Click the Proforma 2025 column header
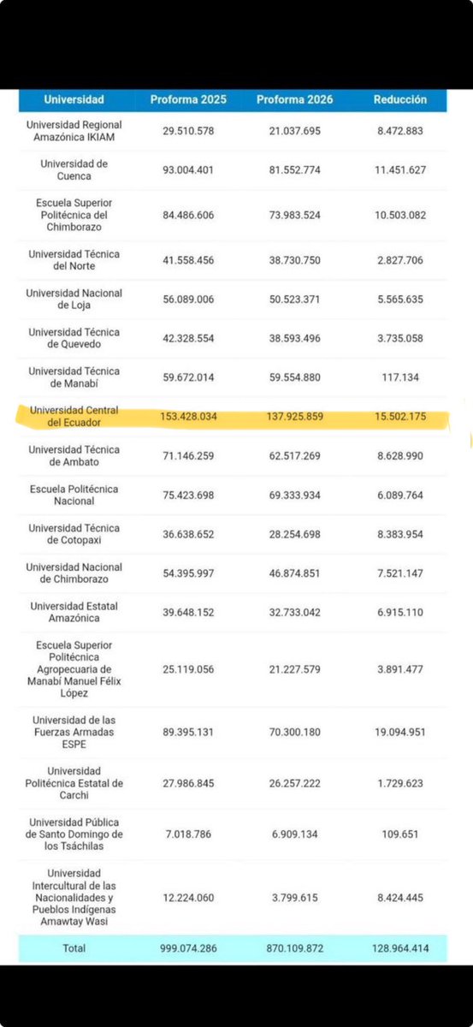click(x=188, y=100)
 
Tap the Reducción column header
click(x=399, y=100)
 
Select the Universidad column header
click(x=74, y=100)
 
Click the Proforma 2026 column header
click(x=293, y=100)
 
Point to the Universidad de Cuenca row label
click(x=74, y=169)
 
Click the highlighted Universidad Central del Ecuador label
click(x=74, y=417)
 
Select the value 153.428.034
click(x=188, y=417)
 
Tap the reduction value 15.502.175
click(x=399, y=417)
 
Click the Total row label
click(x=74, y=948)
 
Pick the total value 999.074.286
click(x=188, y=948)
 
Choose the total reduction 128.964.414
click(x=399, y=948)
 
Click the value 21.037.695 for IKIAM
click(x=293, y=131)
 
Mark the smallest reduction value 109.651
click(x=399, y=834)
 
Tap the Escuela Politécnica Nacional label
click(x=74, y=495)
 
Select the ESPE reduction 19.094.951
click(x=399, y=732)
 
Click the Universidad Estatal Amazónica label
click(x=74, y=612)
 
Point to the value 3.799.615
click(x=293, y=898)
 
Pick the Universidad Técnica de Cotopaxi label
click(x=74, y=534)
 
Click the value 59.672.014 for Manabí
click(x=188, y=377)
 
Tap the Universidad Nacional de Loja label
click(x=74, y=299)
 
